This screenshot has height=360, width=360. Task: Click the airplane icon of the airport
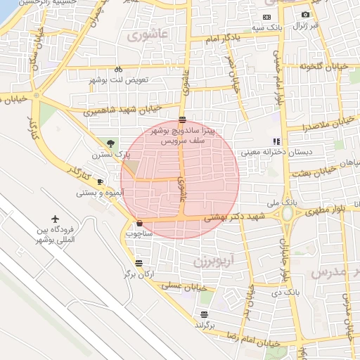(x=56, y=220)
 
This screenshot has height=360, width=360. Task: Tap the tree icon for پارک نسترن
(x=107, y=143)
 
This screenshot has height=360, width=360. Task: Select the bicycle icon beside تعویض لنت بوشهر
(x=118, y=69)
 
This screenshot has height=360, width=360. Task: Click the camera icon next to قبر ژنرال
(x=305, y=14)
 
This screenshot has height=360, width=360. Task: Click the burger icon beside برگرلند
(x=204, y=314)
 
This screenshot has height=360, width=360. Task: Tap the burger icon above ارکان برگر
(x=139, y=263)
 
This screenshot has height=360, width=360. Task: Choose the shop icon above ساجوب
(x=139, y=224)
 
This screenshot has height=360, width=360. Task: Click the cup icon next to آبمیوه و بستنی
(x=99, y=181)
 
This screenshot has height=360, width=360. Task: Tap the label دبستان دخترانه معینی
(x=262, y=151)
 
